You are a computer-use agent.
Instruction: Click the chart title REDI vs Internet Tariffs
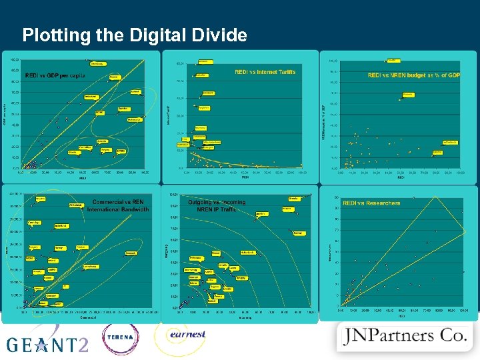[265, 72]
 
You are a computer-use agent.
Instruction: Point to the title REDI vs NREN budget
[413, 75]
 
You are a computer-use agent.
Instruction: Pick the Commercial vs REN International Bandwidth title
[117, 205]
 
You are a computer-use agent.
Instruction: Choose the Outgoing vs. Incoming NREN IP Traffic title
[217, 206]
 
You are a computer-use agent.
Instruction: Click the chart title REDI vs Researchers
[371, 203]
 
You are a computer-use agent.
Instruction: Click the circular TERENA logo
[120, 337]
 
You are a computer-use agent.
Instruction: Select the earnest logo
[187, 335]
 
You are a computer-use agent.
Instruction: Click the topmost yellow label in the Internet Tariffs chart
[205, 61]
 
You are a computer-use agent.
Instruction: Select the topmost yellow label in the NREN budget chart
[393, 60]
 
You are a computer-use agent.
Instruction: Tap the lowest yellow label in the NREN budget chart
[437, 152]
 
